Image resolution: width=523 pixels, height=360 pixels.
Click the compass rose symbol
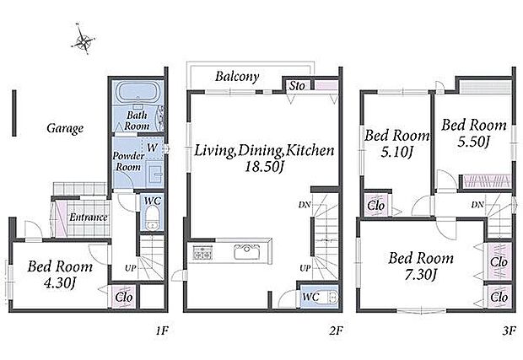tap(83, 40)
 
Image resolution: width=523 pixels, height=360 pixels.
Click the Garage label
tap(65, 128)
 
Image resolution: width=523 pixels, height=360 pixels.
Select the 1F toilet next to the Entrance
tap(152, 218)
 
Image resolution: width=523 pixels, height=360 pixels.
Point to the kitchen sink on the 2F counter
tap(247, 252)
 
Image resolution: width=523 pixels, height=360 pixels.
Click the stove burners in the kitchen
tap(202, 252)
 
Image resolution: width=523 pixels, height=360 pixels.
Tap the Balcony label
tap(237, 77)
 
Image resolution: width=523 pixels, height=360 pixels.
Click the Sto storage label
tap(297, 86)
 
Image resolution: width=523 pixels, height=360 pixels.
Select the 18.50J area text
tap(264, 167)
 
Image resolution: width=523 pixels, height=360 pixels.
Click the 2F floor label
tap(336, 330)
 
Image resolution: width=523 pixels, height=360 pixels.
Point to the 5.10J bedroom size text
tap(396, 153)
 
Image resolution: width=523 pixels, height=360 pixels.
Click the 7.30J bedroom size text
tap(421, 275)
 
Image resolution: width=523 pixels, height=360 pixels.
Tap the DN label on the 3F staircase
tap(477, 205)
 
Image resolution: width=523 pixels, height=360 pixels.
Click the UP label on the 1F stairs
tap(131, 267)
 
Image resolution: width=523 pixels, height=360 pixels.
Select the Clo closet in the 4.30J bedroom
tap(124, 297)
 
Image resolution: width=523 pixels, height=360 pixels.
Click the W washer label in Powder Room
tap(152, 148)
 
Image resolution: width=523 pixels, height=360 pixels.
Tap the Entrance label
tap(89, 218)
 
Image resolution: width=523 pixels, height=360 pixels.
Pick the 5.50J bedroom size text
tap(473, 142)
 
